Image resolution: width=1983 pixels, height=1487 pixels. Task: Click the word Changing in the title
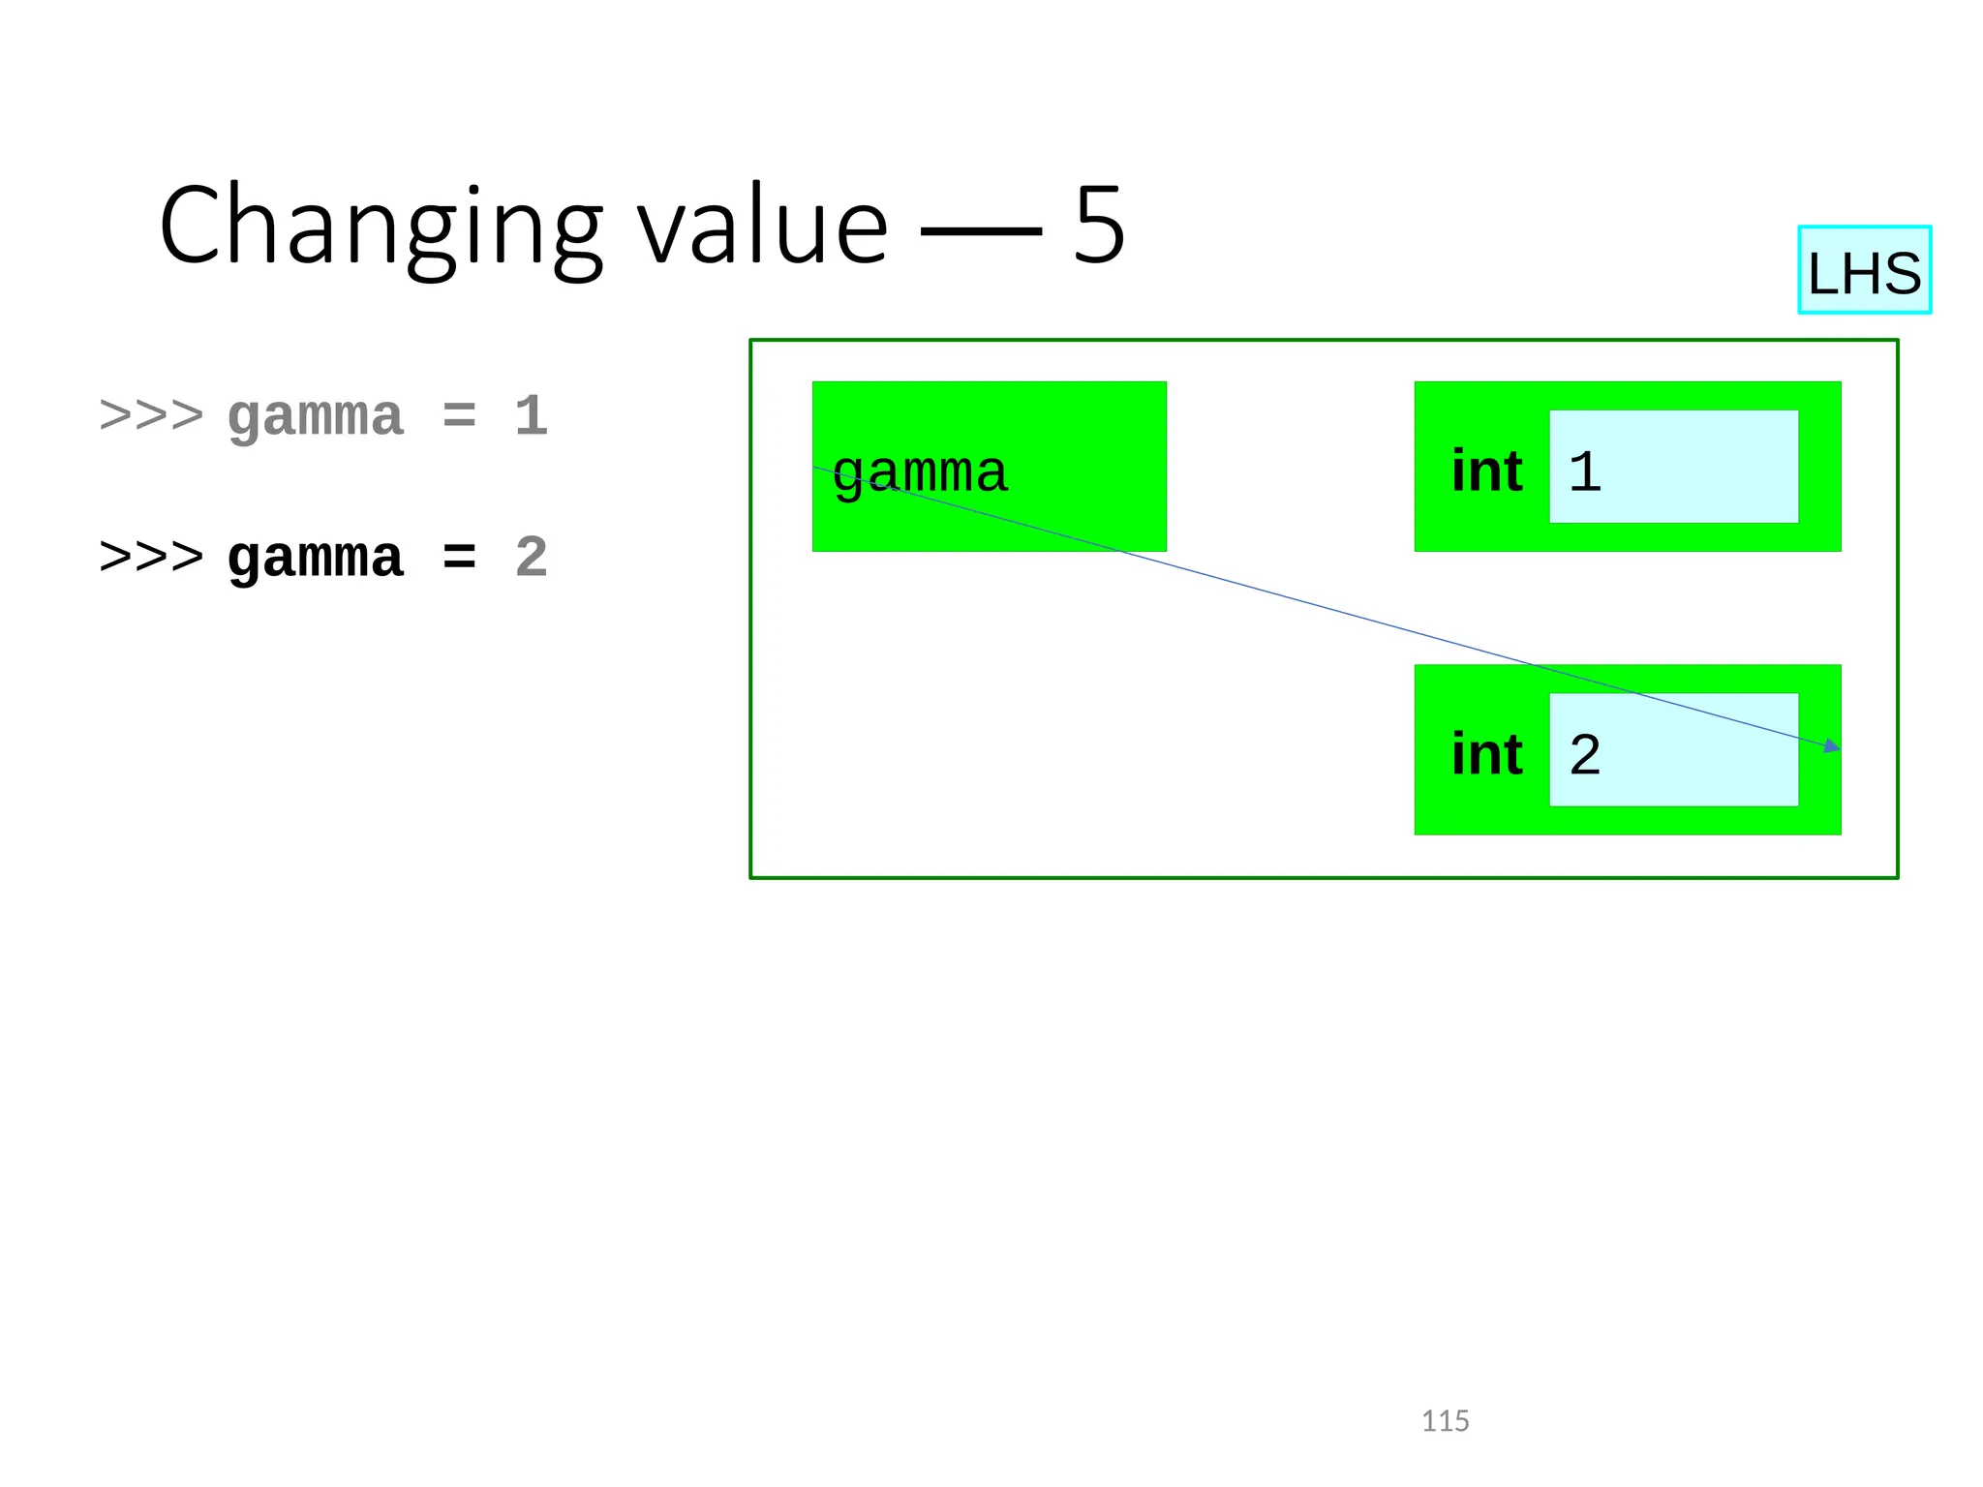(381, 228)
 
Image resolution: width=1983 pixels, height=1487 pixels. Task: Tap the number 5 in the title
(1099, 226)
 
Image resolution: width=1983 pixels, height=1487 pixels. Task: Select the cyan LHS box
(1864, 270)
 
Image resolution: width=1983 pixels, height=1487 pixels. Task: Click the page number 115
(1445, 1420)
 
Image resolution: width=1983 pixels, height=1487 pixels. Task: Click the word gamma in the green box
(920, 472)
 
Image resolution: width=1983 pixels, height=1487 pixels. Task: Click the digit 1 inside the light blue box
(1585, 471)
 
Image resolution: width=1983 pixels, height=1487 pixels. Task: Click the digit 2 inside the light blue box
(1585, 754)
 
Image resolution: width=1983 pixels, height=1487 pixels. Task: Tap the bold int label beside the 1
(1487, 471)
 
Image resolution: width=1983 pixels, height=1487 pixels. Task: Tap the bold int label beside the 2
(1487, 754)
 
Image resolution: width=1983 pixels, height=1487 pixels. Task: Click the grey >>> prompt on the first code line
(152, 417)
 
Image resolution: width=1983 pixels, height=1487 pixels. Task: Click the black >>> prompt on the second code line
(152, 559)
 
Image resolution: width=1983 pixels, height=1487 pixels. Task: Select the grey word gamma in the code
(315, 417)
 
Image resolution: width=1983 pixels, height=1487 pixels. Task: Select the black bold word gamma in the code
(315, 559)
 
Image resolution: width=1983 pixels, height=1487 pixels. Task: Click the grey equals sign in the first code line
(459, 417)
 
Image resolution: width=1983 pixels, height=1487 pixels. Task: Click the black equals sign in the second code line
(459, 559)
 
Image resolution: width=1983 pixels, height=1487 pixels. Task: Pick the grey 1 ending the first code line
(531, 417)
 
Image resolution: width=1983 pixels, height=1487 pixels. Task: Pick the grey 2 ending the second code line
(531, 559)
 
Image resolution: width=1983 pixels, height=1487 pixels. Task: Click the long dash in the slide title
(980, 230)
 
